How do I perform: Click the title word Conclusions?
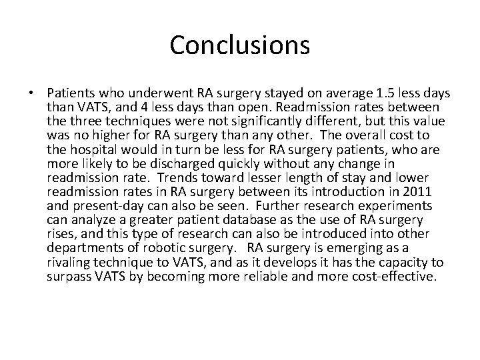coord(240,45)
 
